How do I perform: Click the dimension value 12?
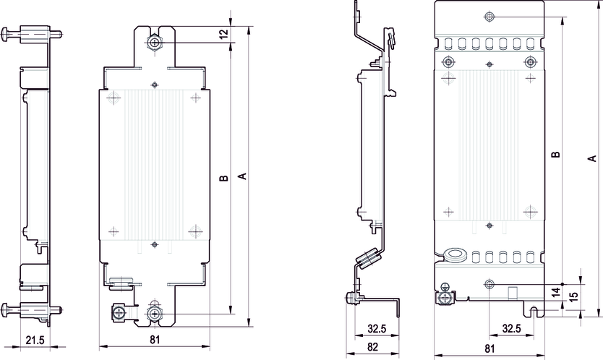coord(224,34)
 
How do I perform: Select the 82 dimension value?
coord(372,347)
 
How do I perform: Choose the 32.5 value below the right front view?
coord(512,329)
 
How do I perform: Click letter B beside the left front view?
coord(224,178)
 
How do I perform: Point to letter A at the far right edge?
coord(591,158)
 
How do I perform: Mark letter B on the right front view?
coord(555,155)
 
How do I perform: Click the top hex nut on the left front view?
coord(155,43)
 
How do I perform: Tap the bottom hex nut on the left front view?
coord(154,314)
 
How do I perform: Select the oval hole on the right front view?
coord(456,254)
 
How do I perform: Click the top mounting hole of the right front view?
coord(490,17)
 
